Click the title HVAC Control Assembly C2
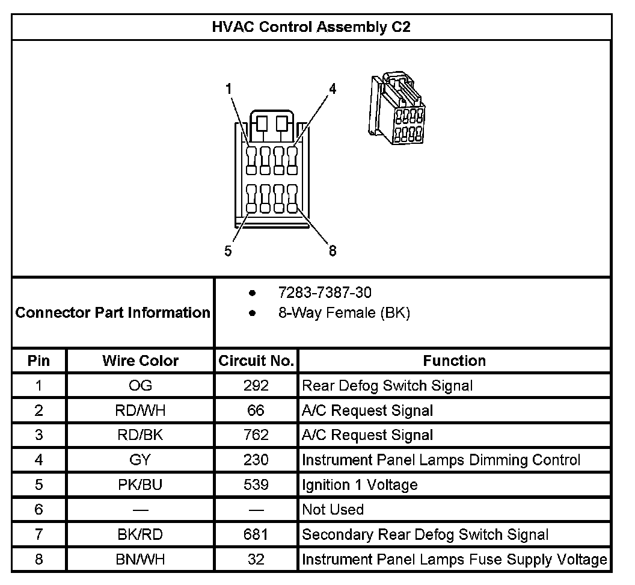[311, 27]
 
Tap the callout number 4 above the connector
[332, 89]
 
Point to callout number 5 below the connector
[228, 251]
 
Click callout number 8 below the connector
[332, 251]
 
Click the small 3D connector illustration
[397, 108]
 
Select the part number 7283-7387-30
[325, 293]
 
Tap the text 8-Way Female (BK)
[344, 313]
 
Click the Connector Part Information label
[112, 313]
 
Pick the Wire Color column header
[140, 361]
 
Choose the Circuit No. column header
[256, 361]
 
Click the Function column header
[454, 361]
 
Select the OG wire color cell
[140, 386]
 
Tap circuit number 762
[256, 435]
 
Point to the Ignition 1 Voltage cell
[360, 485]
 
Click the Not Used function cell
[333, 510]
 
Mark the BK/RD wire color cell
[140, 534]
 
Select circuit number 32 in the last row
[256, 560]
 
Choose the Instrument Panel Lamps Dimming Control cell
[441, 460]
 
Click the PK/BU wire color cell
[140, 485]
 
